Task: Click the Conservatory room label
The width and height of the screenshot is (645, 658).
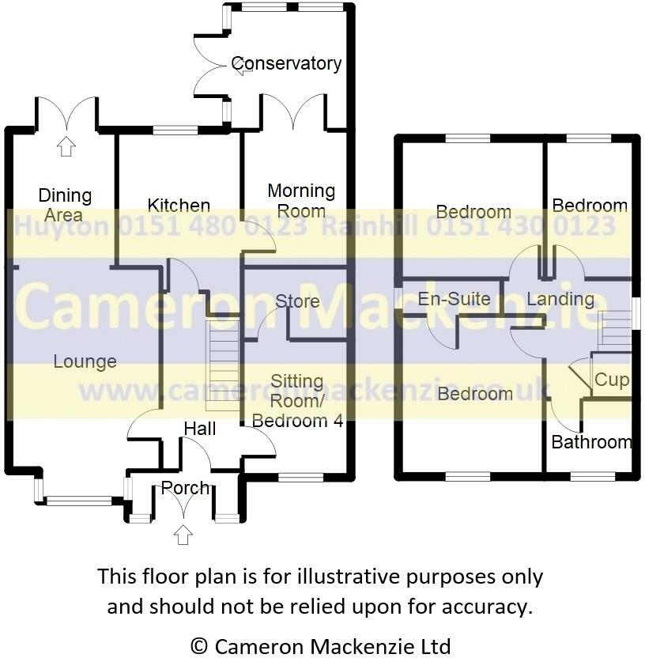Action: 286,63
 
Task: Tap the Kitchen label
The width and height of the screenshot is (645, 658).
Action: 179,206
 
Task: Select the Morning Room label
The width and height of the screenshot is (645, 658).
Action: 301,201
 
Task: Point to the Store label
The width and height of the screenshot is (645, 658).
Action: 297,301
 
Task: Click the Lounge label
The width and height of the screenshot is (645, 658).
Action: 85,361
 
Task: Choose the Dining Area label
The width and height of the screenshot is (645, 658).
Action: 65,205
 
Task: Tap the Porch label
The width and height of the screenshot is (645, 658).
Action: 185,488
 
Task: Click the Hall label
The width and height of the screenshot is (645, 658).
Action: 199,428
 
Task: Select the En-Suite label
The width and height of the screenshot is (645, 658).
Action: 454,299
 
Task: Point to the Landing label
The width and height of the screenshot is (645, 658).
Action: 560,299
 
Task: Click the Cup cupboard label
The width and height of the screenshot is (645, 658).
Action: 611,380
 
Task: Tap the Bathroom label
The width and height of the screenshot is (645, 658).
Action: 591,441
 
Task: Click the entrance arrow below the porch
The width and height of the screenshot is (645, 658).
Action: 183,535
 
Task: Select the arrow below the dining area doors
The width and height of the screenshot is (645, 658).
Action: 66,146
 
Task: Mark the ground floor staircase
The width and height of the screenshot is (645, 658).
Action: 221,365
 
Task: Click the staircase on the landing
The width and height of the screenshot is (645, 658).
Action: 615,329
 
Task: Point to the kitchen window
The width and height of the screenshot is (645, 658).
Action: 175,130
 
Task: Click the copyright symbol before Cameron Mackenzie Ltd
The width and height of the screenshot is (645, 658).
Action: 201,646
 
